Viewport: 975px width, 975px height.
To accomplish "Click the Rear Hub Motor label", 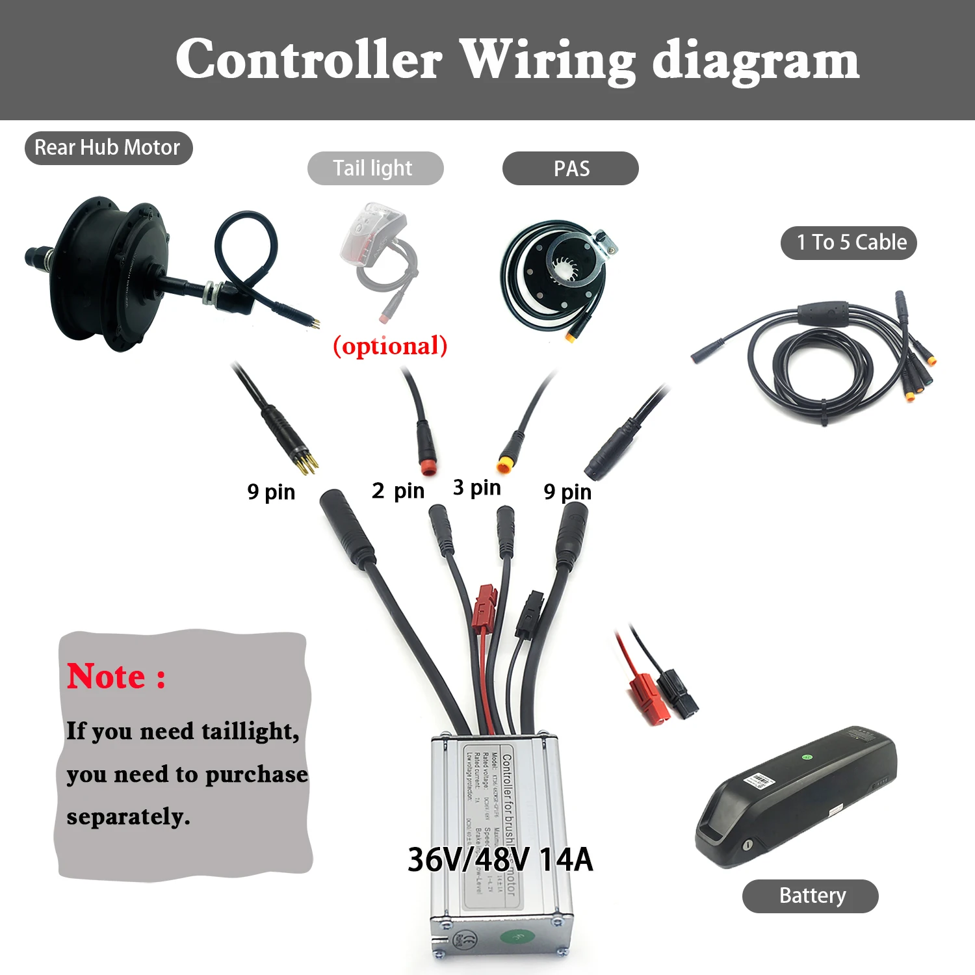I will click(x=108, y=148).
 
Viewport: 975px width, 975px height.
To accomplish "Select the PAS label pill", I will click(x=571, y=168).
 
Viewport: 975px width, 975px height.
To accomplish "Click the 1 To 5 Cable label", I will click(x=849, y=242).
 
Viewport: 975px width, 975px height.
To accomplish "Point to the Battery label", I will click(x=811, y=896).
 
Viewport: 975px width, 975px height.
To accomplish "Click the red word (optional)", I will click(x=390, y=346).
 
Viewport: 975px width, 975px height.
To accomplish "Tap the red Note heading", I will click(x=116, y=677).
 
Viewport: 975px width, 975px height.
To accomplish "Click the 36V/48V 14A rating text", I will click(x=500, y=859).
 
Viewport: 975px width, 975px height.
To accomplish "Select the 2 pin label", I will click(x=398, y=491).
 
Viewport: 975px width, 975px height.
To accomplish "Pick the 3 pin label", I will click(x=476, y=487).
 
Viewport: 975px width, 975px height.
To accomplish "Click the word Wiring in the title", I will click(x=547, y=61).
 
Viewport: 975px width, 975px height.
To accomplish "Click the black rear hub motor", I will click(x=110, y=273).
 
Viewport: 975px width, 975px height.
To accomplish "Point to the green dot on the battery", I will click(x=807, y=757).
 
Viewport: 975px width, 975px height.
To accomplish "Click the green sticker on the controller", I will click(x=518, y=937).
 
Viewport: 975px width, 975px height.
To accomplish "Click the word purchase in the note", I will click(x=256, y=774).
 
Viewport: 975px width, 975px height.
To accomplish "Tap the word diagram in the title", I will click(x=755, y=61).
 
